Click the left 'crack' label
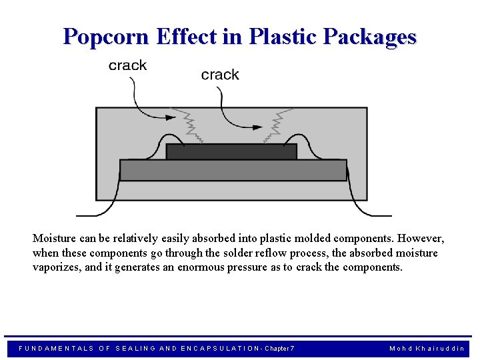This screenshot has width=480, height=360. click(x=127, y=65)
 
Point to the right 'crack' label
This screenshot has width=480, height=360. click(x=220, y=75)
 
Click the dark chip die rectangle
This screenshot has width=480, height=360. click(x=231, y=151)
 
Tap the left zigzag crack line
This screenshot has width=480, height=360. click(x=191, y=127)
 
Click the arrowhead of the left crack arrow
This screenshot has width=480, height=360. click(x=171, y=117)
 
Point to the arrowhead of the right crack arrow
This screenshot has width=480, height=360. click(x=257, y=125)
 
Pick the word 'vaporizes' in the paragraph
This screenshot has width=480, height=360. click(x=55, y=267)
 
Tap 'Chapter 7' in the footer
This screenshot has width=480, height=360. click(x=279, y=349)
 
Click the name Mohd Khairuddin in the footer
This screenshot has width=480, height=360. click(x=427, y=349)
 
